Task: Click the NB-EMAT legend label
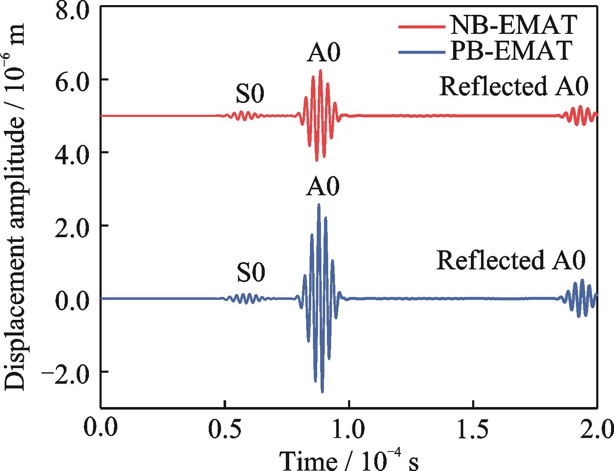coord(512,26)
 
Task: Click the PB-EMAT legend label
coord(512,51)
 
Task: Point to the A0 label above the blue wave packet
coord(322,187)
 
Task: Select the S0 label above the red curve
coord(250,94)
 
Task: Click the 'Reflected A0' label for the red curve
coord(514,87)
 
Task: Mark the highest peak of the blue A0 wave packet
coord(319,205)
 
